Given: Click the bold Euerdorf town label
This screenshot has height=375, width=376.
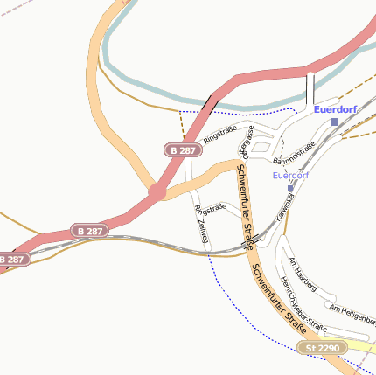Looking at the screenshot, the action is click(x=336, y=109).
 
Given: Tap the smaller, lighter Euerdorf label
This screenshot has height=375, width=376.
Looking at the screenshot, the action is click(x=290, y=176).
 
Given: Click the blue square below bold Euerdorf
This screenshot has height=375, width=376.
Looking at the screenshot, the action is click(x=334, y=122).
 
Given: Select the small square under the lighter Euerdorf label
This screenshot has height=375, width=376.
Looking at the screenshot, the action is click(x=290, y=188).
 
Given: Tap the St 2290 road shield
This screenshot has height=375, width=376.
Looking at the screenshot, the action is click(x=321, y=348).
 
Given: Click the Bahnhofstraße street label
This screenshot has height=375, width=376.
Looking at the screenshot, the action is click(x=294, y=155).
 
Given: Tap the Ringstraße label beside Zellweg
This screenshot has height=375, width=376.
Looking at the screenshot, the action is click(x=210, y=209).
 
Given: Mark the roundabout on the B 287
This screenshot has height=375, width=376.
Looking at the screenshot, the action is click(x=157, y=191).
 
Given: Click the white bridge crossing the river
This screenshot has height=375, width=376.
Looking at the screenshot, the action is click(x=310, y=87).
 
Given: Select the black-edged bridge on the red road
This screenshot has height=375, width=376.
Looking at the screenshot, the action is click(x=209, y=102).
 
